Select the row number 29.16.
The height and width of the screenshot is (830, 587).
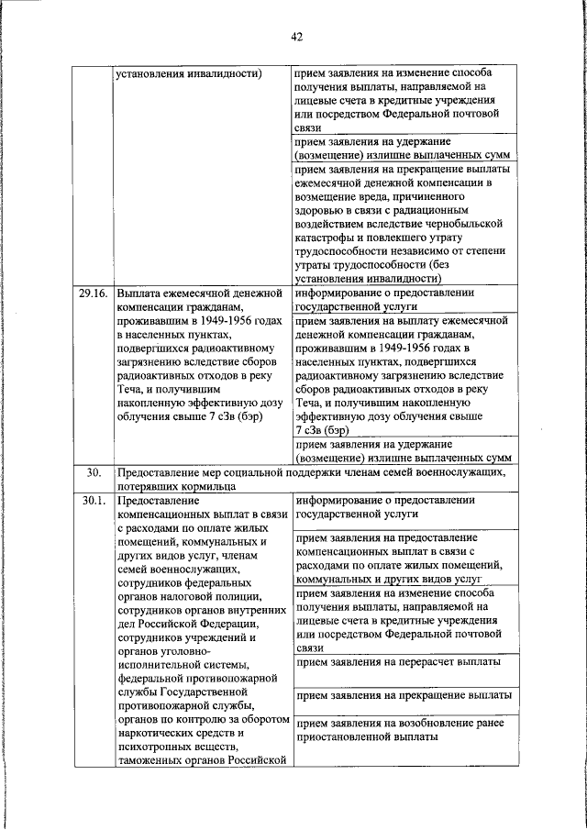click(94, 293)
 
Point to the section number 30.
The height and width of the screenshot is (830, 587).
click(93, 472)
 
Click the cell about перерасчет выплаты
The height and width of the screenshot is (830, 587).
click(399, 661)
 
